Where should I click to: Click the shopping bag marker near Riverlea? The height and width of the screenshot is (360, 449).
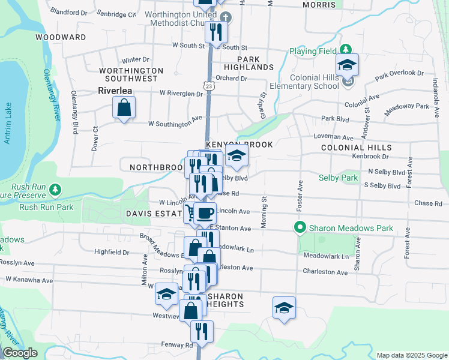click(124, 109)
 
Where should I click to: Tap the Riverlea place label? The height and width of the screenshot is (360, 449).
click(115, 91)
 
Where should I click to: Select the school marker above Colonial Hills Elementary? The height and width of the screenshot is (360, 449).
click(347, 65)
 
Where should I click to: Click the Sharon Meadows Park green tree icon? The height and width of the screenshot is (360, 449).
click(300, 228)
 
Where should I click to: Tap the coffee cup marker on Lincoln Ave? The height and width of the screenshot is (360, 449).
click(205, 213)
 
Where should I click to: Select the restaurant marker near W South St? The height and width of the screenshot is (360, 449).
click(216, 32)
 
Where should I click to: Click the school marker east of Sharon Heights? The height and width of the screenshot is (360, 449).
click(284, 308)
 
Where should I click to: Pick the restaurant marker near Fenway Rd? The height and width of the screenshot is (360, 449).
click(202, 332)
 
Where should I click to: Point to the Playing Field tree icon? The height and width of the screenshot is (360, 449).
click(346, 49)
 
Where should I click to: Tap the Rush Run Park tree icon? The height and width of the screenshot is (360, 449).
click(55, 190)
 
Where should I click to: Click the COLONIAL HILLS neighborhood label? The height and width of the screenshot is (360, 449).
click(356, 148)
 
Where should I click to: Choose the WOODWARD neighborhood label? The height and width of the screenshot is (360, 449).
click(61, 37)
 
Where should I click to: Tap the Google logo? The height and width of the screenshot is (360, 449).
click(20, 353)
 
